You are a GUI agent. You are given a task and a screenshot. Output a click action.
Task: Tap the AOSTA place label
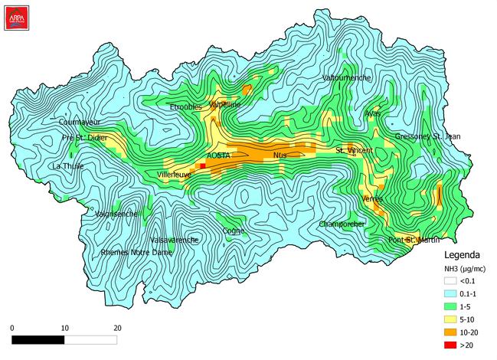pyautogui.click(x=218, y=155)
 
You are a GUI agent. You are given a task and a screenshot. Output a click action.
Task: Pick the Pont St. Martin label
pyautogui.click(x=413, y=240)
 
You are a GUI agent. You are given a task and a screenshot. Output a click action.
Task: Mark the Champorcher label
pyautogui.click(x=343, y=224)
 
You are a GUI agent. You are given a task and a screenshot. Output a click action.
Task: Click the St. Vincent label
pyautogui.click(x=355, y=150)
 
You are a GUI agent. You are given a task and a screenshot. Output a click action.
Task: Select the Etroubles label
pyautogui.click(x=185, y=106)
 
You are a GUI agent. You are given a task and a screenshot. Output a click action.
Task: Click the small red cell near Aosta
pyautogui.click(x=202, y=165)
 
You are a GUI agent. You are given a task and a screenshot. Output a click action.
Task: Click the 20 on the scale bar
pyautogui.click(x=117, y=327)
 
